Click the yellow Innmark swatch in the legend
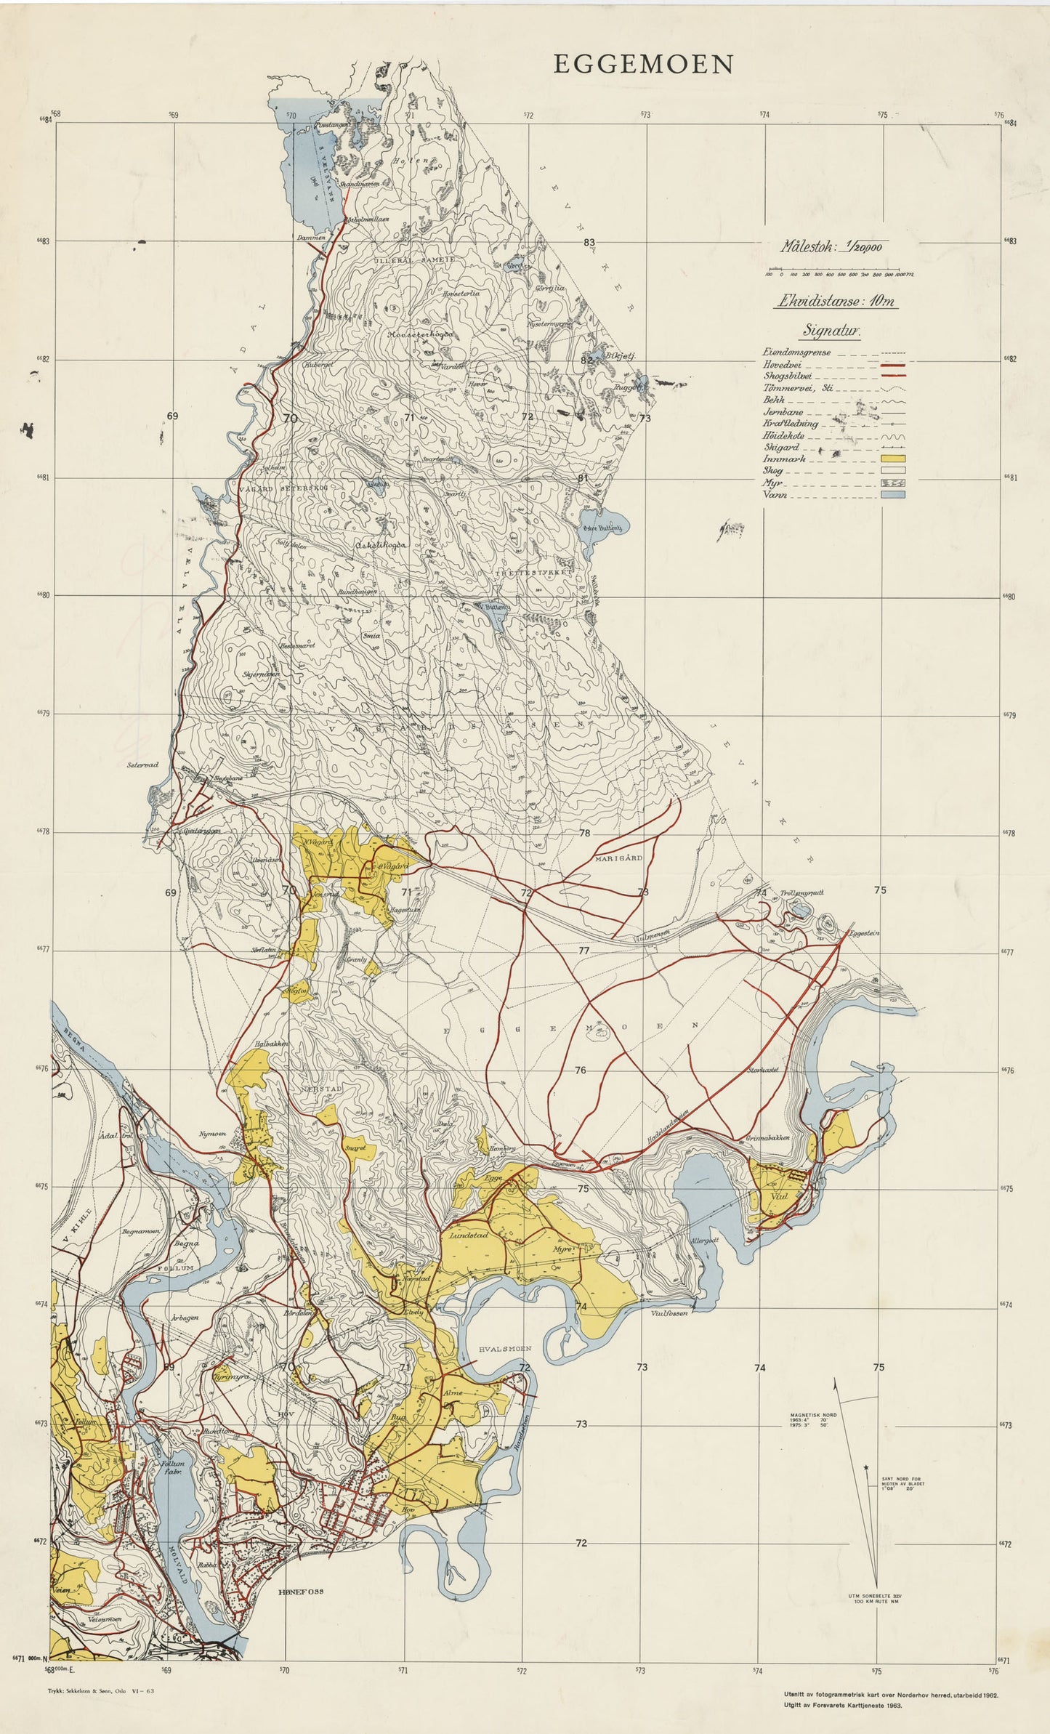pyautogui.click(x=892, y=459)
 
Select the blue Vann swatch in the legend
pyautogui.click(x=892, y=495)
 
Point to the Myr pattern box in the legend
pyautogui.click(x=892, y=483)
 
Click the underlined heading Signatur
pyautogui.click(x=831, y=331)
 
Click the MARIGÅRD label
pyautogui.click(x=618, y=858)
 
